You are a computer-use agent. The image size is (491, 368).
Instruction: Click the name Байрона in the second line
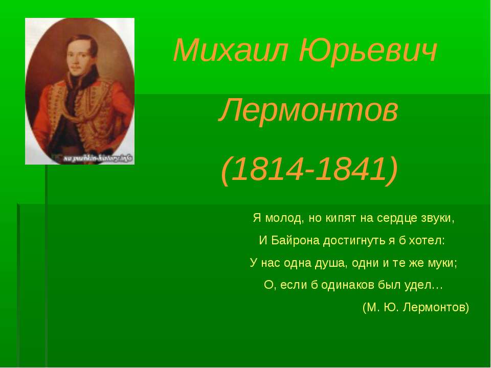[x=292, y=240]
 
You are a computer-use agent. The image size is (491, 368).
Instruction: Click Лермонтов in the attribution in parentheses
[x=436, y=308]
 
